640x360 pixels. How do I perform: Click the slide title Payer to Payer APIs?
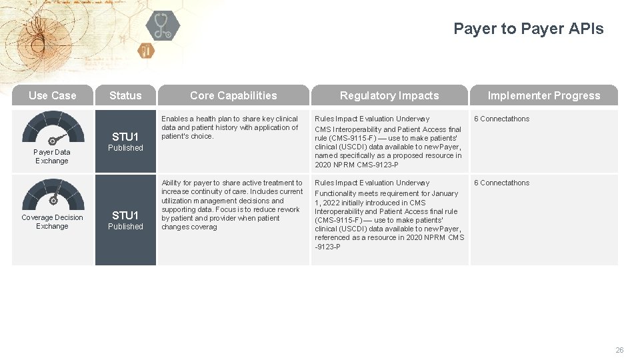[x=528, y=29]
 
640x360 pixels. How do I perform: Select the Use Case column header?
[x=52, y=95]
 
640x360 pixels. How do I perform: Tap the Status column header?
[x=125, y=95]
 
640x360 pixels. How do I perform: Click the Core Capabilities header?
[x=233, y=95]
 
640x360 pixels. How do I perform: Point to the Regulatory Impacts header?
[x=389, y=95]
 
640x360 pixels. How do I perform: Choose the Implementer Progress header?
[x=544, y=95]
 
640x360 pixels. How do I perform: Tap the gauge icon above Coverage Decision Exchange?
[x=53, y=195]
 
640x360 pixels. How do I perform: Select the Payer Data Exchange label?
[x=52, y=156]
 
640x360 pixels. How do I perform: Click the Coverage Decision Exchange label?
[x=52, y=221]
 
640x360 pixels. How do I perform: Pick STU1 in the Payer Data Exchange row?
[x=125, y=137]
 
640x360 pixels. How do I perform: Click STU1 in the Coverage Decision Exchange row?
[x=125, y=215]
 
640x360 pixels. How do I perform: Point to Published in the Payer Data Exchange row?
[x=125, y=148]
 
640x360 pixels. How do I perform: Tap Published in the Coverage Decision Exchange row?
[x=125, y=227]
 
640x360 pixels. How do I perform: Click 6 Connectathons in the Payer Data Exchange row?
[x=501, y=119]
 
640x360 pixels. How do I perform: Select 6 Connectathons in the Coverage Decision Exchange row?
[x=501, y=183]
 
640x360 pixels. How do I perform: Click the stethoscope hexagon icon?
[x=162, y=25]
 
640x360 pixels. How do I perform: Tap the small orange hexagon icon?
[x=146, y=51]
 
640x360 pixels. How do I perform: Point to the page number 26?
[x=619, y=350]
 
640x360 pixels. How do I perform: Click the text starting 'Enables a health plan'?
[x=230, y=127]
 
